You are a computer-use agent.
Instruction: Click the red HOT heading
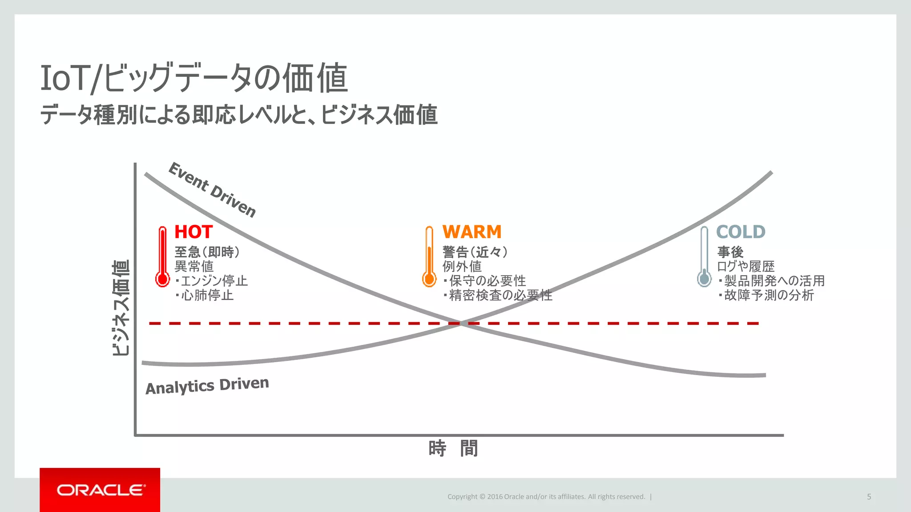tap(193, 232)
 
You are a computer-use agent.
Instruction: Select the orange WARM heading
tap(472, 232)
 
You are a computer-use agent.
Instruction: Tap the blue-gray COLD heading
tap(741, 232)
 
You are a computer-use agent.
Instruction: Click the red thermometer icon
tap(163, 257)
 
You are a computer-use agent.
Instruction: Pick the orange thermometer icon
tap(429, 257)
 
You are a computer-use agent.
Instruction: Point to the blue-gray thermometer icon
tap(704, 257)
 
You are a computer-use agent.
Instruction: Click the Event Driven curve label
tap(212, 190)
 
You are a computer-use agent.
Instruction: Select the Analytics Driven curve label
tap(207, 386)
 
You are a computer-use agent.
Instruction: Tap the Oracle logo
tap(100, 490)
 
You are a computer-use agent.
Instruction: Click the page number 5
tap(869, 497)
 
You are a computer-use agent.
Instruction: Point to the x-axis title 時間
tap(453, 448)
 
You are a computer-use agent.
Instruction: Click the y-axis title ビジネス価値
tap(121, 308)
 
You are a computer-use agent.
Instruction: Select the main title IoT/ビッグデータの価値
tap(194, 78)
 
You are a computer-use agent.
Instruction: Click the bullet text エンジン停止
tap(214, 281)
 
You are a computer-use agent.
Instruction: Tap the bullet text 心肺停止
tap(207, 295)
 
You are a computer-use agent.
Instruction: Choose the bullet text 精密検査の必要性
tap(500, 295)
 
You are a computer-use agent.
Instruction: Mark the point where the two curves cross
tap(462, 323)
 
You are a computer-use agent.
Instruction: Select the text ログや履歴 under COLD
tap(746, 266)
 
